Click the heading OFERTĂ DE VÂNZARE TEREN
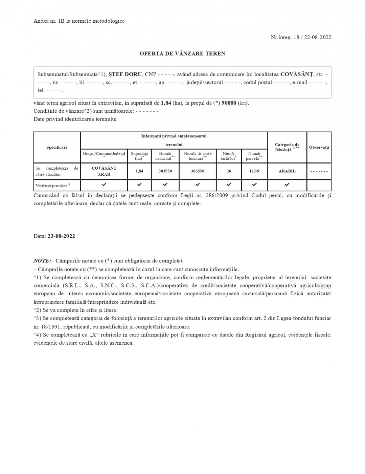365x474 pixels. click(x=182, y=53)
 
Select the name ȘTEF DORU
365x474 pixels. click(x=125, y=74)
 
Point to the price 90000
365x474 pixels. click(x=229, y=103)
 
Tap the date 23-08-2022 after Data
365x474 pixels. click(x=61, y=236)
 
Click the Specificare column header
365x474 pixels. click(x=57, y=147)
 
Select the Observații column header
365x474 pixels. click(x=319, y=147)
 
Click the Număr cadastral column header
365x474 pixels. click(x=165, y=156)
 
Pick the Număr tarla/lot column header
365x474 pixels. click(x=229, y=156)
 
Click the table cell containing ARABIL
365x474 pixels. click(x=287, y=171)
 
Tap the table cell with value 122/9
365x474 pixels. click(x=254, y=171)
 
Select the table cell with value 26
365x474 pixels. click(x=229, y=171)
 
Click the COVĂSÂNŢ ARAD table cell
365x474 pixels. click(x=104, y=171)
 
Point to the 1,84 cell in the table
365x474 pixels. click(x=139, y=171)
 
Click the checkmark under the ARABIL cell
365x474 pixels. click(x=287, y=185)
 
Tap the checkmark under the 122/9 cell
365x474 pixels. click(x=254, y=185)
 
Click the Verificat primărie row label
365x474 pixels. click(x=53, y=185)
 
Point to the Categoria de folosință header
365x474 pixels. click(x=287, y=147)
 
